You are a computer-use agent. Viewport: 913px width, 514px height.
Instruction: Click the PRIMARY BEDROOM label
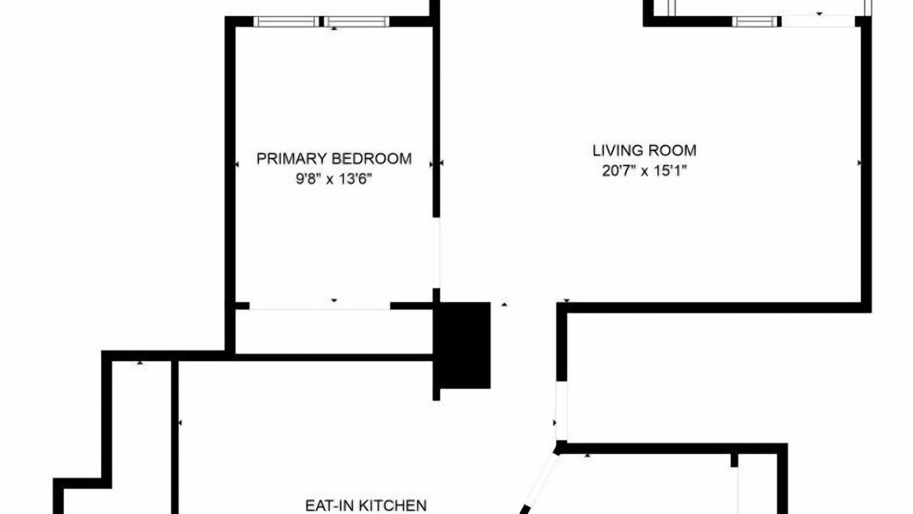tap(334, 158)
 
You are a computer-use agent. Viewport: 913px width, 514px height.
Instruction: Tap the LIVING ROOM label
tap(644, 151)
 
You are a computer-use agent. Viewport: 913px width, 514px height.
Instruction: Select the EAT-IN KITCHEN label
tap(366, 506)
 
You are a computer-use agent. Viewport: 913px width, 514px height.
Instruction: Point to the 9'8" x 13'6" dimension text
tap(334, 178)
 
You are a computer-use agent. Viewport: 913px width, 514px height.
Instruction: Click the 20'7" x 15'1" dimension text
tap(644, 171)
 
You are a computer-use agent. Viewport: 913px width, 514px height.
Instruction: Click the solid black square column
tap(464, 345)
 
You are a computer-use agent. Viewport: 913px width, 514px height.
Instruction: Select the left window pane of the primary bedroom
tap(287, 21)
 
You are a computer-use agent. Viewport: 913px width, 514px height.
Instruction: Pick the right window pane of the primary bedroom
tap(357, 21)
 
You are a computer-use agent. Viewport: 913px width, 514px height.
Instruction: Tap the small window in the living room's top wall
tap(755, 21)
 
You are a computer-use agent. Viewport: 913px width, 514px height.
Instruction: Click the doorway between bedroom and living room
tap(436, 253)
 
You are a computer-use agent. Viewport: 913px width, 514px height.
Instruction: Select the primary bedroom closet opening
tap(320, 306)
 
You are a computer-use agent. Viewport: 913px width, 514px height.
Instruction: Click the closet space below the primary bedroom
tap(334, 332)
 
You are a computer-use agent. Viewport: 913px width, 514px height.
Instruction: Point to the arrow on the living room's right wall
tap(860, 163)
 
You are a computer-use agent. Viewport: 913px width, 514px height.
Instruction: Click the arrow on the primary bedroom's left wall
tap(238, 164)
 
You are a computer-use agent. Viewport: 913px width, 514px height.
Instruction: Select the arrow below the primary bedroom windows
tap(335, 28)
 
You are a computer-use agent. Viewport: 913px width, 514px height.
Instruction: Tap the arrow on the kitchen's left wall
tap(180, 423)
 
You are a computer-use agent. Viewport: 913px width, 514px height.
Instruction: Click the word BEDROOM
tap(372, 158)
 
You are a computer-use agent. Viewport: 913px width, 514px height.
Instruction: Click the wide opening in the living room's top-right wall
tap(818, 21)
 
